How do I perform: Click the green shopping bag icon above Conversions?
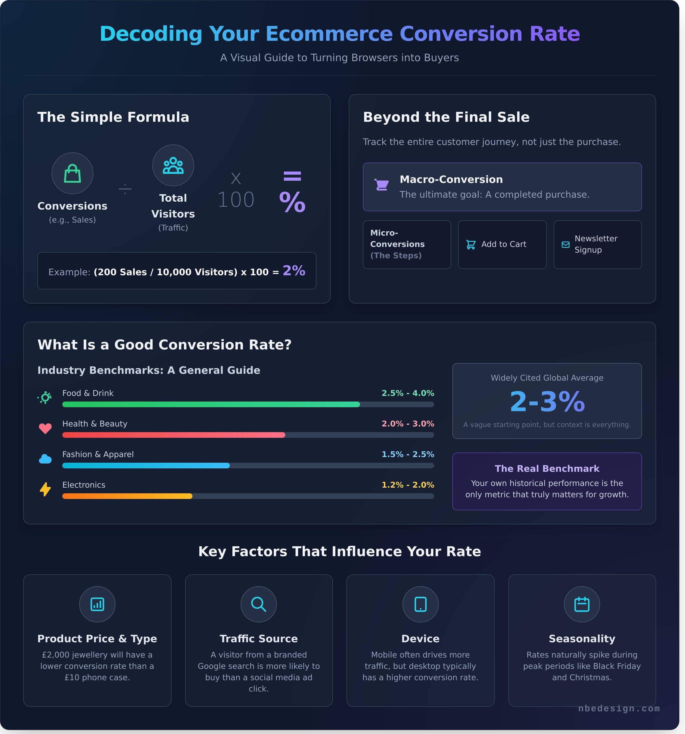[x=72, y=174]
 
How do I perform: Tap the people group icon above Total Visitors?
[x=173, y=165]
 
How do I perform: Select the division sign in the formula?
[x=125, y=189]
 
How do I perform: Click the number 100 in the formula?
[x=236, y=200]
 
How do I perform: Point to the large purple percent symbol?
[x=292, y=202]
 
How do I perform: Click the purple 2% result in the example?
[x=294, y=271]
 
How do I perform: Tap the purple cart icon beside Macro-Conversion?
[x=382, y=185]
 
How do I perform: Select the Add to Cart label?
[x=503, y=244]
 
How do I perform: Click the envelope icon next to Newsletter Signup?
[x=566, y=244]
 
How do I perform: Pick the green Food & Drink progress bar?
[x=211, y=404]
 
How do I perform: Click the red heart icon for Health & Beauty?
[x=45, y=428]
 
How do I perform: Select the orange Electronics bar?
[x=127, y=496]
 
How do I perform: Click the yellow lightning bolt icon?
[x=45, y=489]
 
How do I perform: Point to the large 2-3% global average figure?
[x=547, y=402]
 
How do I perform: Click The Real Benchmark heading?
[x=547, y=469]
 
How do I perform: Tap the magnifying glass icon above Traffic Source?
[x=259, y=604]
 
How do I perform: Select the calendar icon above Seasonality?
[x=582, y=604]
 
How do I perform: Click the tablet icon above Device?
[x=420, y=604]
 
